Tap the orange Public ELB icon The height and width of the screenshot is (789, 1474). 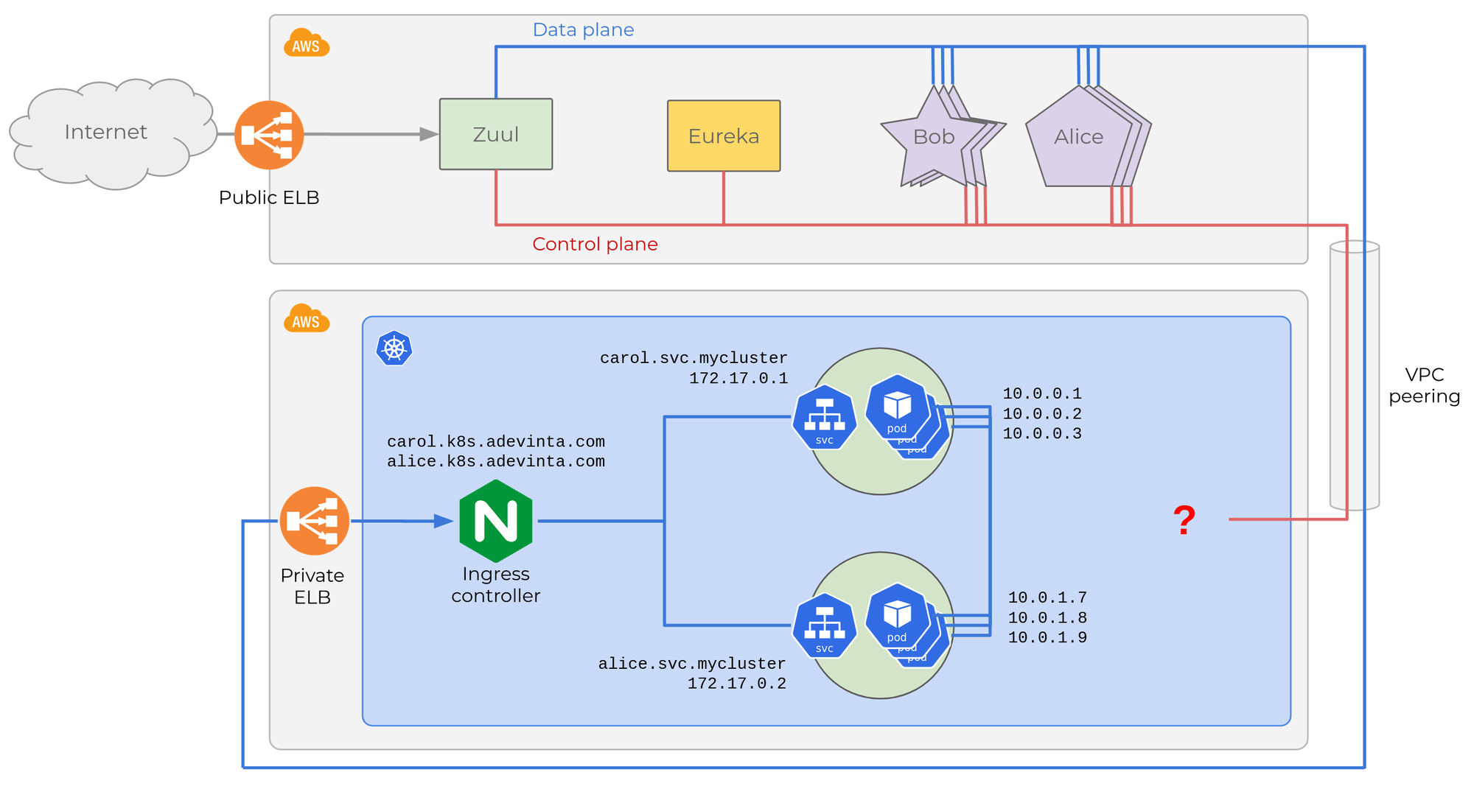point(269,135)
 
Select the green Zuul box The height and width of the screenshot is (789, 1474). point(496,134)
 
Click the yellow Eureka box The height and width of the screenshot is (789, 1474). point(724,136)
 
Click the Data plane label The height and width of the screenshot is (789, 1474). point(583,30)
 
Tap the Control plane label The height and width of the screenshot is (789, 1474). point(595,244)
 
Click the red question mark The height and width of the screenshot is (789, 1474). point(1184,520)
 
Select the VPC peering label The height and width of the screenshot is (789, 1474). point(1424,385)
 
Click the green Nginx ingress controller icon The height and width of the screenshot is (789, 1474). point(496,521)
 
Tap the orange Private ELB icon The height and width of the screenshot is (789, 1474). point(315,521)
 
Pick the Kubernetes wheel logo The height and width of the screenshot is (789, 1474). point(394,348)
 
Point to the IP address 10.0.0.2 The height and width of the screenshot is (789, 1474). point(1042,414)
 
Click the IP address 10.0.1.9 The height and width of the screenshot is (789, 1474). point(1047,638)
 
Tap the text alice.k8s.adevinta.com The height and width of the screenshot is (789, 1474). point(496,462)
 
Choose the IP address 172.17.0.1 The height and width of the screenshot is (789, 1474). point(738,379)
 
